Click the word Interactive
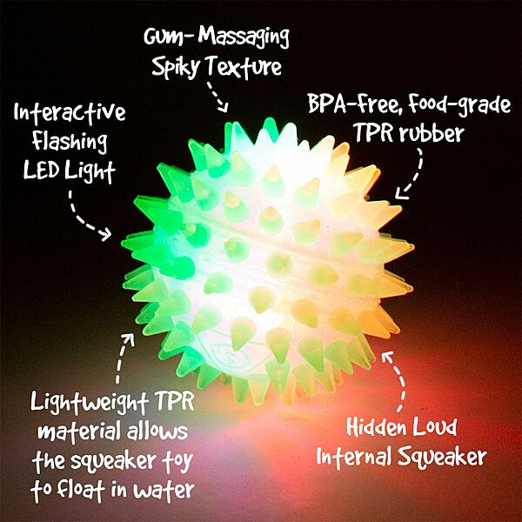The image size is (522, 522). point(70,113)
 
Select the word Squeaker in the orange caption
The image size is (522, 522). point(431,455)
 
